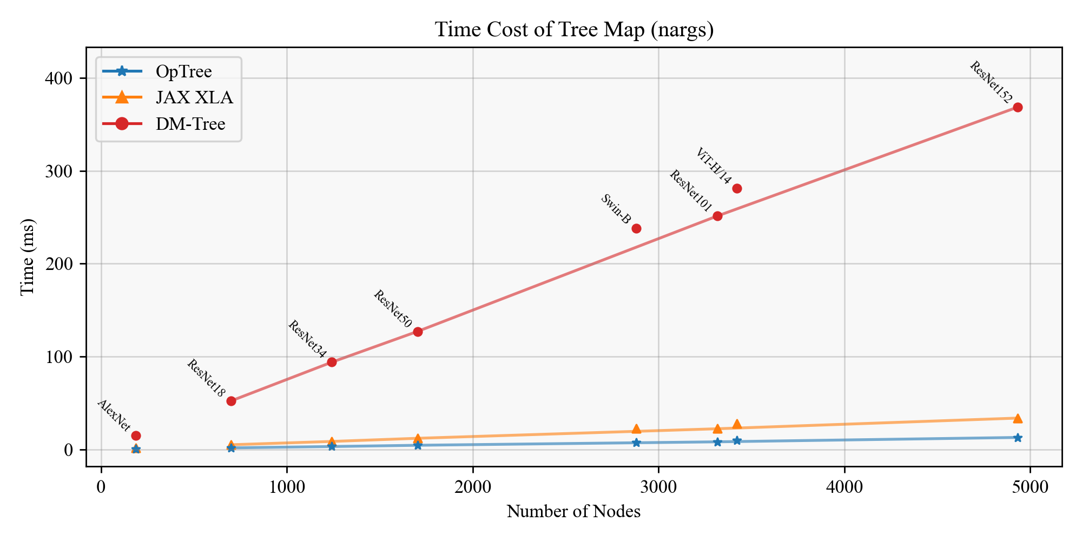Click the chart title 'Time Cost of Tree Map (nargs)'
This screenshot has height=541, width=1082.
pos(574,30)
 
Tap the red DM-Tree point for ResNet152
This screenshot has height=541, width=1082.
pos(1018,108)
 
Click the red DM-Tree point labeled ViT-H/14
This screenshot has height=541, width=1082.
pos(737,188)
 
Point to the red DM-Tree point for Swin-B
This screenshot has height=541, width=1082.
pos(636,228)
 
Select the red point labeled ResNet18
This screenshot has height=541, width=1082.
pos(231,401)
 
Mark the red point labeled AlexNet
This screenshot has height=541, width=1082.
pos(136,436)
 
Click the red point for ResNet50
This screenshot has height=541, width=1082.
pos(418,332)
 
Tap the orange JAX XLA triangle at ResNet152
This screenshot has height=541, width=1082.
pos(1018,418)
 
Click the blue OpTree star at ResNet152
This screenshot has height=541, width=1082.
pos(1018,438)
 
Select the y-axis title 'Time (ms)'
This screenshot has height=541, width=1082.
pos(28,257)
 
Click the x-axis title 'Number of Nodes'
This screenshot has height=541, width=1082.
pos(573,512)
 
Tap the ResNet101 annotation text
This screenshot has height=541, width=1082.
pos(691,191)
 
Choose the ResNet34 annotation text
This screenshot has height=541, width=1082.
pos(307,340)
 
